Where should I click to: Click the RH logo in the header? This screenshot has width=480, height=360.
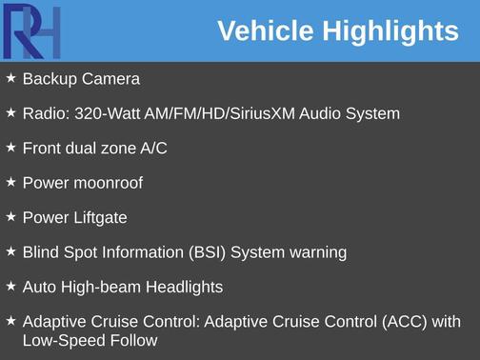click(x=33, y=31)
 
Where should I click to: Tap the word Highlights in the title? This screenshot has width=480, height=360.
click(x=390, y=31)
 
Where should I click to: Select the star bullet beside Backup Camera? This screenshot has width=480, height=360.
click(x=10, y=78)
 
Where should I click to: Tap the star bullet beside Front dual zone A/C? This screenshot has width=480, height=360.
click(x=10, y=148)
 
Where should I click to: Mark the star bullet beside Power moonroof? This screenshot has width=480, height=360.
click(x=10, y=182)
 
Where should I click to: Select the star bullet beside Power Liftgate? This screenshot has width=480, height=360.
click(x=10, y=216)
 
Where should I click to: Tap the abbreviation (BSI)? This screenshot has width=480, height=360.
click(x=209, y=252)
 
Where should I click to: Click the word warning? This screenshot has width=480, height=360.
click(x=316, y=252)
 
